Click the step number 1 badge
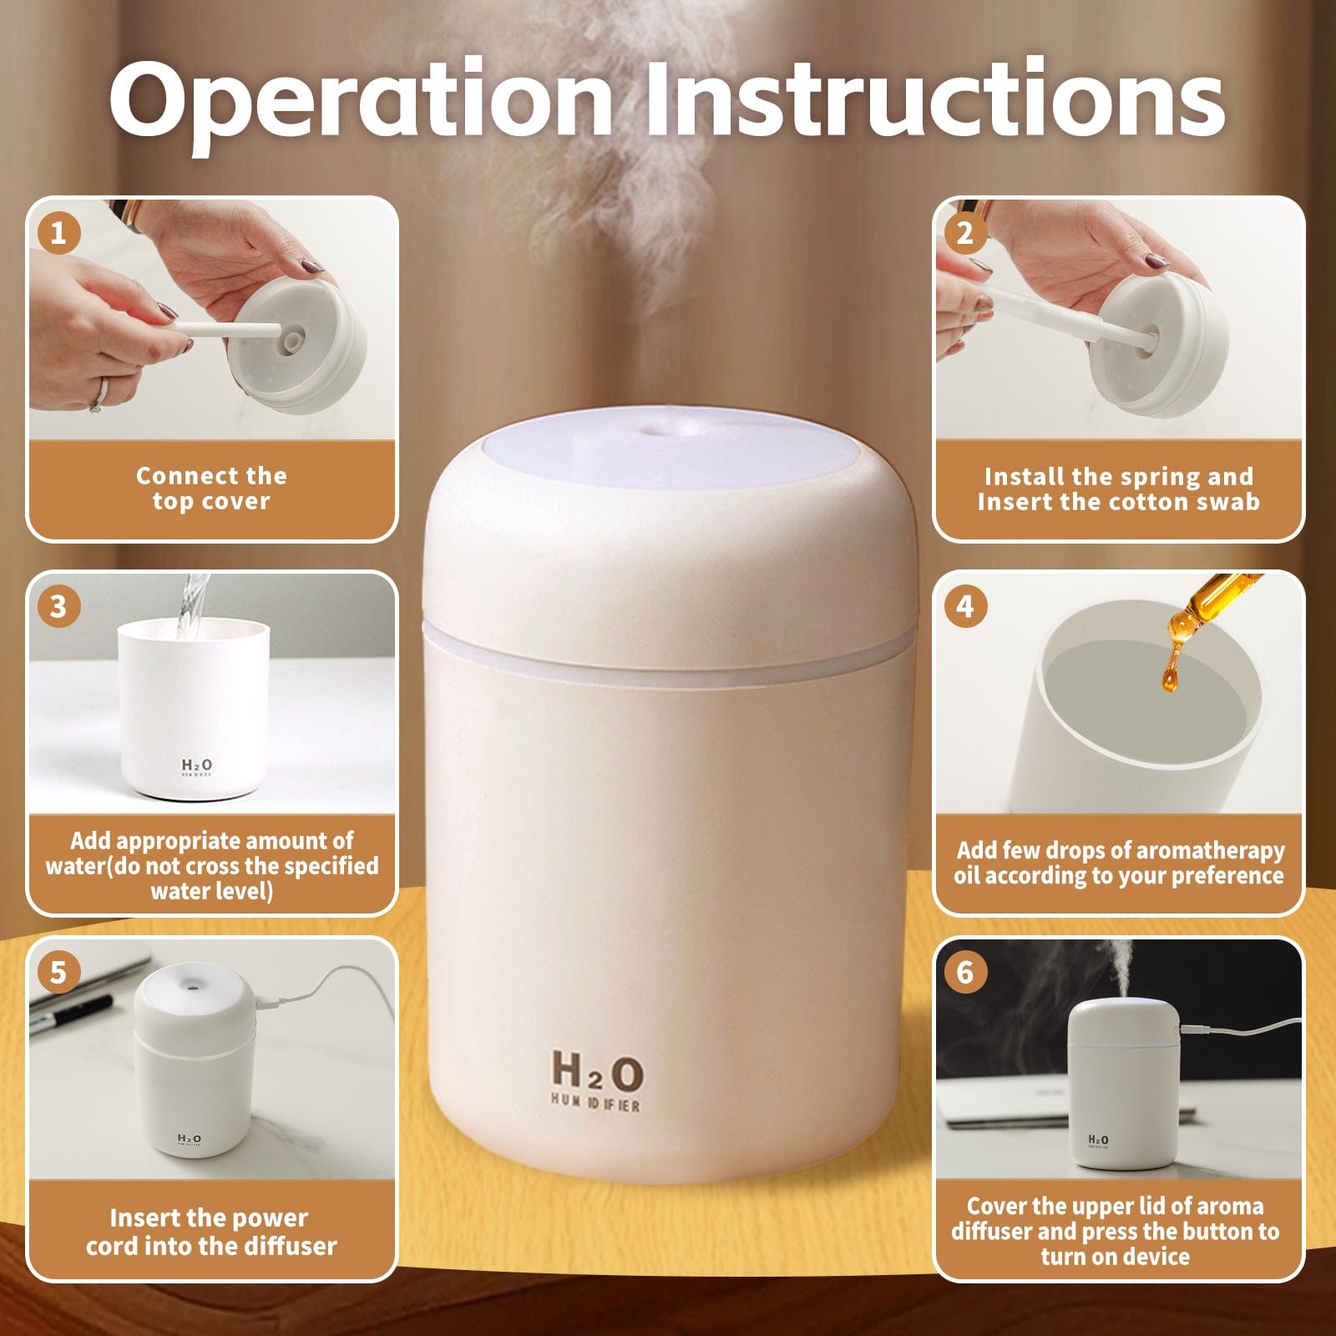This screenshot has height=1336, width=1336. point(58,232)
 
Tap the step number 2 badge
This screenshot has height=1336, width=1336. point(965,232)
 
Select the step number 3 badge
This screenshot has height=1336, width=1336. point(58,606)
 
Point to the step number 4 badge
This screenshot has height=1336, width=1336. point(965,606)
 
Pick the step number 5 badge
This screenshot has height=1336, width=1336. point(58,972)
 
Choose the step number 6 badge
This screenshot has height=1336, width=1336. point(965,972)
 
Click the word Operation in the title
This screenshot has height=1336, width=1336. point(361,102)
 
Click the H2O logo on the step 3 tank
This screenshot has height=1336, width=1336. point(197,765)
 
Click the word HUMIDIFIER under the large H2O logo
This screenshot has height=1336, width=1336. point(595,1105)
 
